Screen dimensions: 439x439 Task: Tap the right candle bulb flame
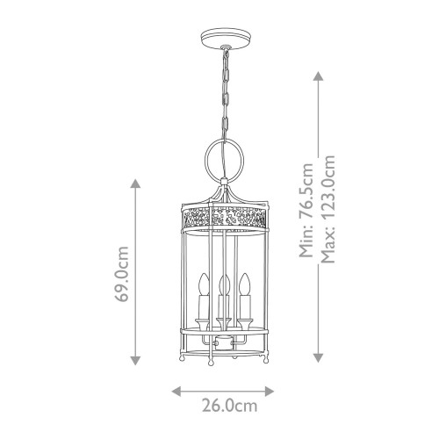(248, 284)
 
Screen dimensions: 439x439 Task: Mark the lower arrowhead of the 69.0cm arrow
(134, 360)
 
